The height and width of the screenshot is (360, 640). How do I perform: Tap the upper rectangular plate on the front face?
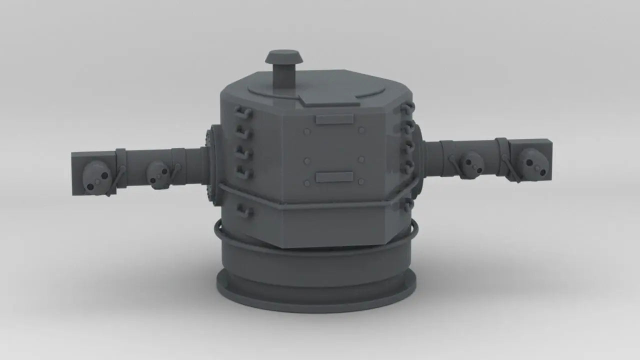click(334, 119)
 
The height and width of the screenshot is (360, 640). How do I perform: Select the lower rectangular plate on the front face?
click(334, 177)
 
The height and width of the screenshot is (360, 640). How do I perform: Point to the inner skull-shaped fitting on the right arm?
click(470, 164)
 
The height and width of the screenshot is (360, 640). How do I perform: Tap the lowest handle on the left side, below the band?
click(244, 211)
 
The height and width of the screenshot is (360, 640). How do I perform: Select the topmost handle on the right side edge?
click(407, 107)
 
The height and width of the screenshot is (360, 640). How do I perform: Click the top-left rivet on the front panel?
click(307, 132)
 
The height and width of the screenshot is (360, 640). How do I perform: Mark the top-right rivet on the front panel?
click(362, 130)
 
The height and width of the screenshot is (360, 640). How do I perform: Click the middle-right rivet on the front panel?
click(361, 160)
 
